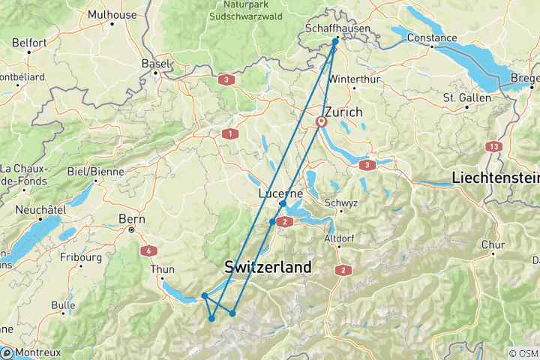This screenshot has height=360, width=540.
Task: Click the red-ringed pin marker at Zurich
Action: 322,121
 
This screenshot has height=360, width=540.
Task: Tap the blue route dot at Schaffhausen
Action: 335,41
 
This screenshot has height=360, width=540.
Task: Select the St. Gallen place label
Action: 466,97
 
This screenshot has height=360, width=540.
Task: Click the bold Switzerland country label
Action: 268,267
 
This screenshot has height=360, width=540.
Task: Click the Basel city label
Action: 156,64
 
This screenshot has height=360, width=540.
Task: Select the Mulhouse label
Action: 112,14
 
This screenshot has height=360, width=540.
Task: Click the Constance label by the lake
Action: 433,38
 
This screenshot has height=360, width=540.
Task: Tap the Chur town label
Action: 491,244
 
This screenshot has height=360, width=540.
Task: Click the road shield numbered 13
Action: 493,146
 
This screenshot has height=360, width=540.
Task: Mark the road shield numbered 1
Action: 229,134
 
